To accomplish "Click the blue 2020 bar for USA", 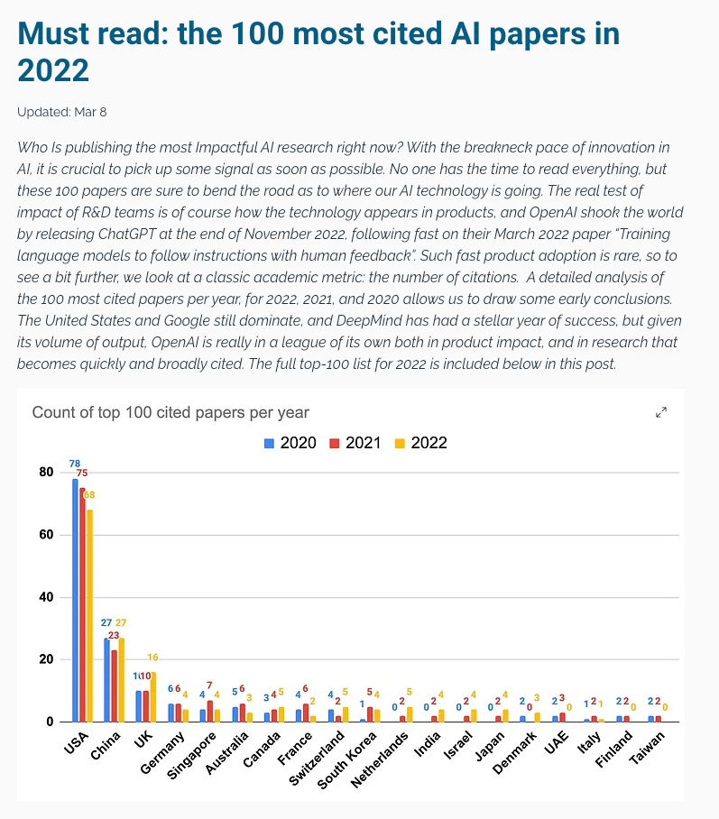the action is pyautogui.click(x=75, y=600).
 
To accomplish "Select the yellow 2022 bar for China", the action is pyautogui.click(x=121, y=680).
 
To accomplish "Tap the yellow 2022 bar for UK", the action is pyautogui.click(x=153, y=696).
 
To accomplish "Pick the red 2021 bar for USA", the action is pyautogui.click(x=82, y=605).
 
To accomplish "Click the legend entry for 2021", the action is pyautogui.click(x=355, y=443).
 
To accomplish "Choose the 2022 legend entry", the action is pyautogui.click(x=420, y=443).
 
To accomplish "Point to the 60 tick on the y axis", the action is pyautogui.click(x=46, y=534).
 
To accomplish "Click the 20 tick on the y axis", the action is pyautogui.click(x=46, y=659).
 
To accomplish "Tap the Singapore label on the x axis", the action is pyautogui.click(x=191, y=756).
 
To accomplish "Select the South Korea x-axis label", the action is pyautogui.click(x=346, y=760).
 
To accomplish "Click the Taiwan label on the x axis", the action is pyautogui.click(x=647, y=748).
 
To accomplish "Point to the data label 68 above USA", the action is pyautogui.click(x=89, y=494).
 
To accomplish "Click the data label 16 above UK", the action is pyautogui.click(x=152, y=657).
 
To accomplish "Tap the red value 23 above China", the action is pyautogui.click(x=114, y=635).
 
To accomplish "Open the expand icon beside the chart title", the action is pyautogui.click(x=661, y=412).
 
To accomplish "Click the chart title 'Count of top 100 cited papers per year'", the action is pyautogui.click(x=171, y=412).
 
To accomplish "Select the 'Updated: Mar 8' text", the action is pyautogui.click(x=61, y=113).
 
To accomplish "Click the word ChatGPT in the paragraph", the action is pyautogui.click(x=127, y=234).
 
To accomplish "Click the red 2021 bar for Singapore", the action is pyautogui.click(x=210, y=711).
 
